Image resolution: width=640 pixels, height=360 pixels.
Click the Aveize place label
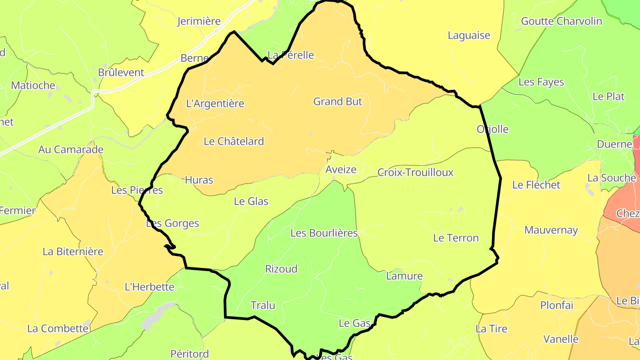[x=341, y=170]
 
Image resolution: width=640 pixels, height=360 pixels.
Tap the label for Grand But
[x=338, y=102]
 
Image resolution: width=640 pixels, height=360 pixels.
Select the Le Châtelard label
[x=234, y=141]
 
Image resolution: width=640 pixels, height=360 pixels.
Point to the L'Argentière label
[x=215, y=104]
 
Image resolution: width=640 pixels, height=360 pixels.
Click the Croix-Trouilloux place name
[x=415, y=172]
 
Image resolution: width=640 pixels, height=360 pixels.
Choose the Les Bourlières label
[x=324, y=233]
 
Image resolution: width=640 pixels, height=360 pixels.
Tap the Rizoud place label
[x=281, y=269]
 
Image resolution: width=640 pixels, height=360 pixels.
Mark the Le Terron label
[x=456, y=238]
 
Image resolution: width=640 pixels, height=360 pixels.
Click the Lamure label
[x=404, y=276]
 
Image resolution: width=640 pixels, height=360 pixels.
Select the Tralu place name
[x=263, y=306]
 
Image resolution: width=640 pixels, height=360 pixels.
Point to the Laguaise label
[x=469, y=36]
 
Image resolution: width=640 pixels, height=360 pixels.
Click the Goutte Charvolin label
[x=561, y=21]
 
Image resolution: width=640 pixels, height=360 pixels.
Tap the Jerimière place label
[x=199, y=21]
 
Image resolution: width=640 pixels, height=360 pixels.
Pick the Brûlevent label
[x=121, y=73]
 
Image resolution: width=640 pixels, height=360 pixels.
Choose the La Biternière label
[x=73, y=252]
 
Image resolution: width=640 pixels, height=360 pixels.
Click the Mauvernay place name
[x=551, y=230]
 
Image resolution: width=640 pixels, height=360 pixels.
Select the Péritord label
[x=190, y=354]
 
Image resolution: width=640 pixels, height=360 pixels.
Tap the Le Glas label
[x=251, y=201]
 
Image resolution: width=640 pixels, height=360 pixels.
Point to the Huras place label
[x=199, y=180]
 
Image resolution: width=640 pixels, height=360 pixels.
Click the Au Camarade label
[x=71, y=150]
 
